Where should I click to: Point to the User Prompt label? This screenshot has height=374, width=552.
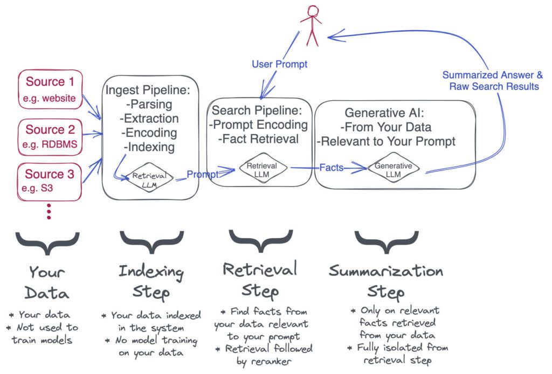point(279,64)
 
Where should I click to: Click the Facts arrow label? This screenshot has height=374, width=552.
point(331,168)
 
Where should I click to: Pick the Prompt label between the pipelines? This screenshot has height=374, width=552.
point(203,175)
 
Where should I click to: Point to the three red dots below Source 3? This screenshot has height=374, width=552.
point(49,210)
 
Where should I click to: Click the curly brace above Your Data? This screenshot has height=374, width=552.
point(48,243)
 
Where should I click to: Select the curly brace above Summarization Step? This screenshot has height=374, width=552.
point(387,243)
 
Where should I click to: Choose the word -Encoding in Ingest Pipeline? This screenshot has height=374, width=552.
point(142,133)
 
